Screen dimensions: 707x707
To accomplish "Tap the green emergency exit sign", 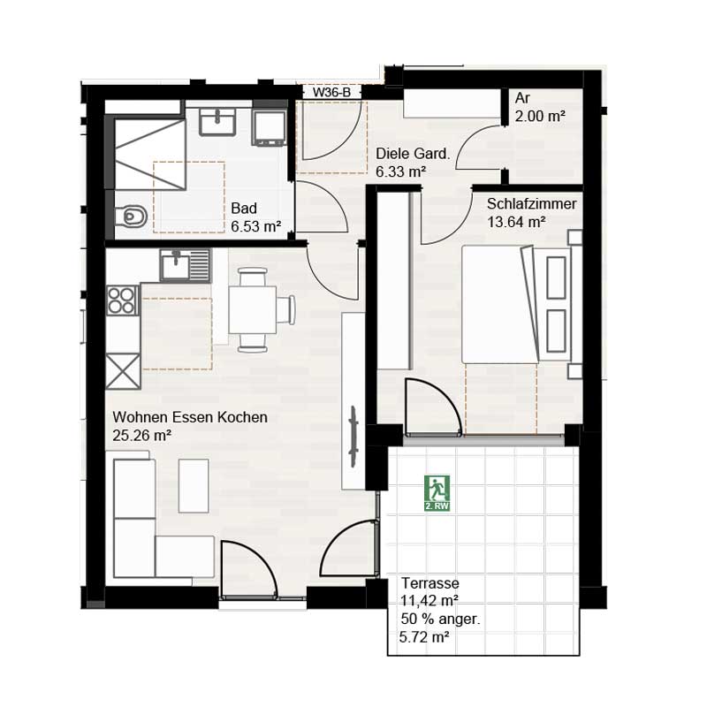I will [437, 491].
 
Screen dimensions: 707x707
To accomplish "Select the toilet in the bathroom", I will [130, 215].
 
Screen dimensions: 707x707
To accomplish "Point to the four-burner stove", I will [123, 300].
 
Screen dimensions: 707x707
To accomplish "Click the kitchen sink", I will [186, 264].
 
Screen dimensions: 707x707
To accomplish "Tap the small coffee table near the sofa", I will [194, 485].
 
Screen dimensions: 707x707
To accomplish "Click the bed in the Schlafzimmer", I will [508, 305].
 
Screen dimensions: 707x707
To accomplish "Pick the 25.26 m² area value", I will [141, 434].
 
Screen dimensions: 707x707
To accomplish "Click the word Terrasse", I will [430, 583].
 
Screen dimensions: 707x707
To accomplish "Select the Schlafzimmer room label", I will [531, 204].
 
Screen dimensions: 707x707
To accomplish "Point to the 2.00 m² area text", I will [540, 116].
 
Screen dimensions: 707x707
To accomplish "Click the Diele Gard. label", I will [413, 154].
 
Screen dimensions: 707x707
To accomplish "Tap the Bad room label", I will [243, 209].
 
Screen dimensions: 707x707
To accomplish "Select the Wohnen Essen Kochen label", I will [189, 417].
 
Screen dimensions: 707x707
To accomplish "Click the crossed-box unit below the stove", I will [123, 369].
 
